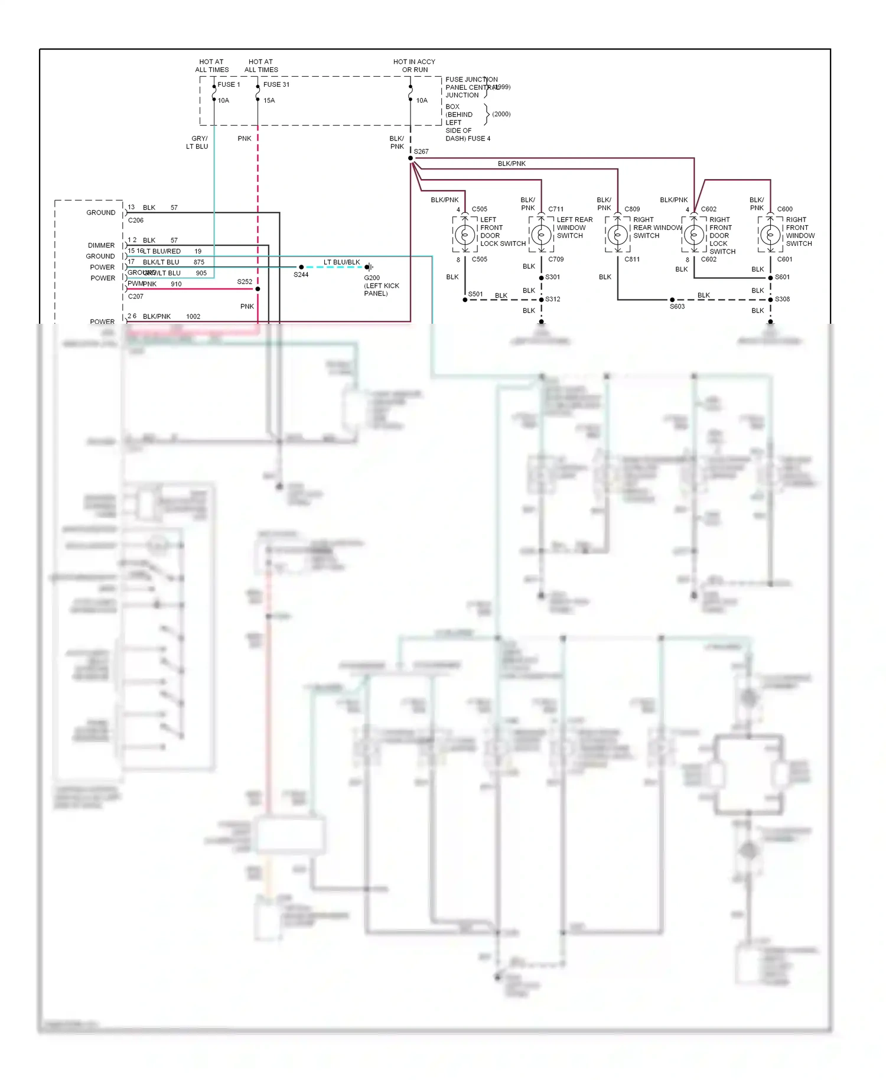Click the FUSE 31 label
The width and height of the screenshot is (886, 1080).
click(276, 84)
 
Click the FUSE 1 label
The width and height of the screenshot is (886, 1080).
click(229, 84)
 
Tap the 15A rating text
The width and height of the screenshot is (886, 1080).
click(269, 100)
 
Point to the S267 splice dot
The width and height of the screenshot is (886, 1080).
click(411, 158)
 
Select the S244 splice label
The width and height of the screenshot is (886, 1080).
click(301, 275)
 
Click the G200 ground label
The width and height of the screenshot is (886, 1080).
click(372, 278)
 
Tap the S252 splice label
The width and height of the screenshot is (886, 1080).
click(245, 282)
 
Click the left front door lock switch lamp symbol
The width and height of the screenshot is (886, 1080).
click(465, 235)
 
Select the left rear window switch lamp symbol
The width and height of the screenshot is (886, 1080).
click(541, 235)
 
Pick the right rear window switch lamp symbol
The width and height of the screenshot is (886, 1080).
click(618, 235)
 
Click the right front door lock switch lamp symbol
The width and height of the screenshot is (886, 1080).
click(694, 235)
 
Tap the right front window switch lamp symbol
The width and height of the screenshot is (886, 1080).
click(770, 235)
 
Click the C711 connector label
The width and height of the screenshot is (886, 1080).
click(556, 209)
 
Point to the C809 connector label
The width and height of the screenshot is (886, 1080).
click(632, 209)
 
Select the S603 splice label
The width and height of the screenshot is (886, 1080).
click(677, 307)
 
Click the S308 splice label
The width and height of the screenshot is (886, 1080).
click(782, 300)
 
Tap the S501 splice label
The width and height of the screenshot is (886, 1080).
click(475, 294)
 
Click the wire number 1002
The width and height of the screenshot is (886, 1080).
click(193, 317)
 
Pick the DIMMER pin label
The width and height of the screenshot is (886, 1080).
click(101, 245)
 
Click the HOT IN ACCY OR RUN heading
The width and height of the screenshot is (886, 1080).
click(414, 66)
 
